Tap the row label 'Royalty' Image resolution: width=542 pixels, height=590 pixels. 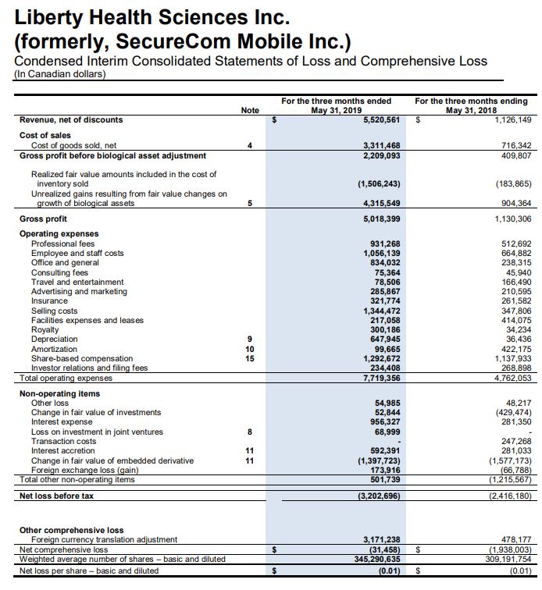[x=45, y=329]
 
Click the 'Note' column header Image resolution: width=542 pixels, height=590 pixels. [x=250, y=111]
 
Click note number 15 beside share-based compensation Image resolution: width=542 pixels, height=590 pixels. [x=250, y=358]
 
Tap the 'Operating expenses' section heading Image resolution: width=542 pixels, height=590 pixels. [x=59, y=234]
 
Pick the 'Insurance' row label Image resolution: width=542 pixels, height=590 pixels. [x=49, y=300]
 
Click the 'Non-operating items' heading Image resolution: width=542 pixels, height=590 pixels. [x=59, y=393]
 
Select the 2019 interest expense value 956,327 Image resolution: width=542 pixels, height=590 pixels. [x=382, y=422]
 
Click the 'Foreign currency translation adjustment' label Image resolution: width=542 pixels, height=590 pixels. [x=104, y=539]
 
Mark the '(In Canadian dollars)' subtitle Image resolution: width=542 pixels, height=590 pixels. [x=60, y=74]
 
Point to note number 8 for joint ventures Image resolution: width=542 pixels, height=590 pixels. [x=250, y=432]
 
